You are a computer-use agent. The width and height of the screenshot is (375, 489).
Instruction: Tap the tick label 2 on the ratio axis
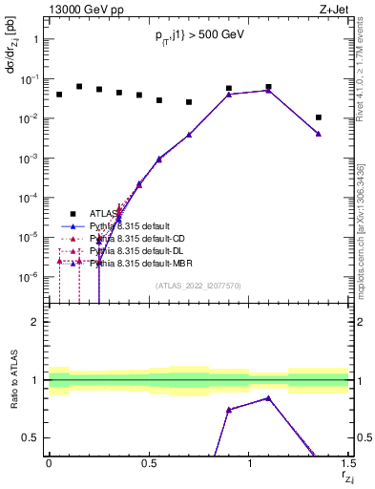[x=34, y=323]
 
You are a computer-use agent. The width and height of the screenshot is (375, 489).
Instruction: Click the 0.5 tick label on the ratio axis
[x=30, y=438]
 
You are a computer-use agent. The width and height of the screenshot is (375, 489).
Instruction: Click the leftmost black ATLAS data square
[x=59, y=95]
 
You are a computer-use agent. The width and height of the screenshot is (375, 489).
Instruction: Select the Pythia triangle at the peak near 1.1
[x=269, y=90]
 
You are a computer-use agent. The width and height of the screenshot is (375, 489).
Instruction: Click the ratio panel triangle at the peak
[x=269, y=398]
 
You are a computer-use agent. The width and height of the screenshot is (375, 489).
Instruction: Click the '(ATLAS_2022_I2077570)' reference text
[x=198, y=285]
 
